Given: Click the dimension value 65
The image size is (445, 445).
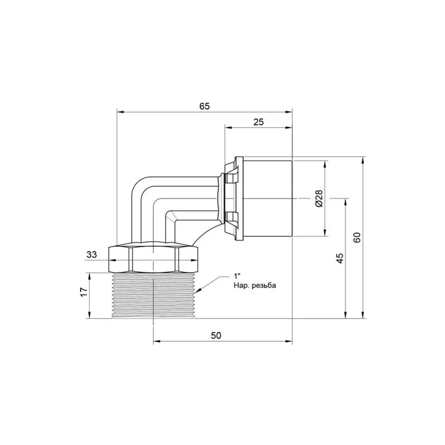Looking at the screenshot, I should click(205, 106).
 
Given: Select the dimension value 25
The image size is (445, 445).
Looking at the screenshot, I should click(258, 122).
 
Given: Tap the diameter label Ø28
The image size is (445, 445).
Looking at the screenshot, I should click(319, 198).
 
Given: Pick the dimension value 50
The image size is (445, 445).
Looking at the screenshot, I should click(216, 335).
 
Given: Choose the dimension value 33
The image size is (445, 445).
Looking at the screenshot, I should click(91, 255).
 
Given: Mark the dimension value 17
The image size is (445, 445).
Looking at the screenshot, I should click(84, 292).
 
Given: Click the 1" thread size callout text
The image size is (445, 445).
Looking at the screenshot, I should click(237, 277).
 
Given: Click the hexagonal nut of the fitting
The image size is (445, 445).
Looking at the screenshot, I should click(153, 258).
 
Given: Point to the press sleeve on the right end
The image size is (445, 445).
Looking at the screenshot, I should click(267, 198).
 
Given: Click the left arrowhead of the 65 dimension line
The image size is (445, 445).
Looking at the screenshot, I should click(119, 112).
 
